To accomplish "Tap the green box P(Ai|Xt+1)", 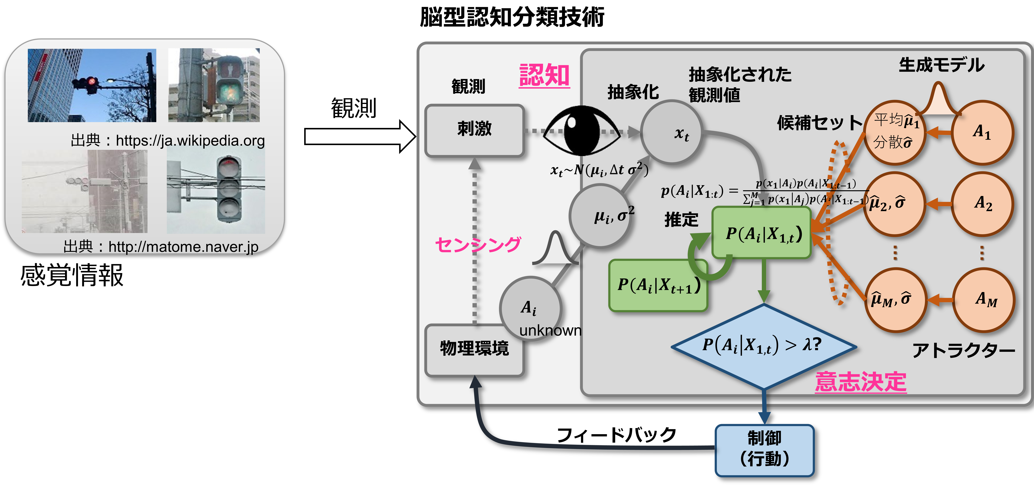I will tap(658, 285).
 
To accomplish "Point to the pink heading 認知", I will tap(544, 76).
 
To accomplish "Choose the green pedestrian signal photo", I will tap(214, 85).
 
